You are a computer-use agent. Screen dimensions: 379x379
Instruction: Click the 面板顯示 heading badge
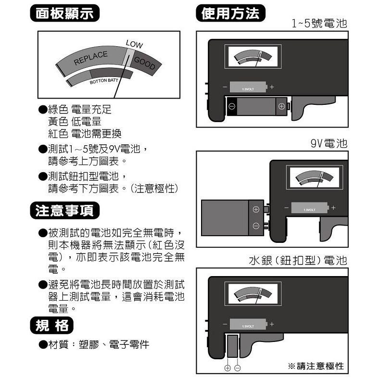64,13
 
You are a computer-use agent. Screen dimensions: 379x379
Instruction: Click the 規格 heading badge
52,326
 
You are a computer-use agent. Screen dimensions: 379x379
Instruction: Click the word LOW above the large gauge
134,44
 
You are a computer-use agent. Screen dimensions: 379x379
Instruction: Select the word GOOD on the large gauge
144,63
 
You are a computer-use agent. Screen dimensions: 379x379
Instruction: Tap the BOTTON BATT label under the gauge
104,80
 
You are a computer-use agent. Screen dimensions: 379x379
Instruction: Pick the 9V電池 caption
328,144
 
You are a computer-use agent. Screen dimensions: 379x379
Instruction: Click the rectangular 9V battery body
227,217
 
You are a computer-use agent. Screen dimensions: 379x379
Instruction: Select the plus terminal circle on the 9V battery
256,209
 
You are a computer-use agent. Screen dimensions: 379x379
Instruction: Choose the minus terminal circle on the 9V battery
256,226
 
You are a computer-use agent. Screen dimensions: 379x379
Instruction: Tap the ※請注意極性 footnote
316,366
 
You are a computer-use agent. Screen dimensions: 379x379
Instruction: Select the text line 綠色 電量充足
79,110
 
